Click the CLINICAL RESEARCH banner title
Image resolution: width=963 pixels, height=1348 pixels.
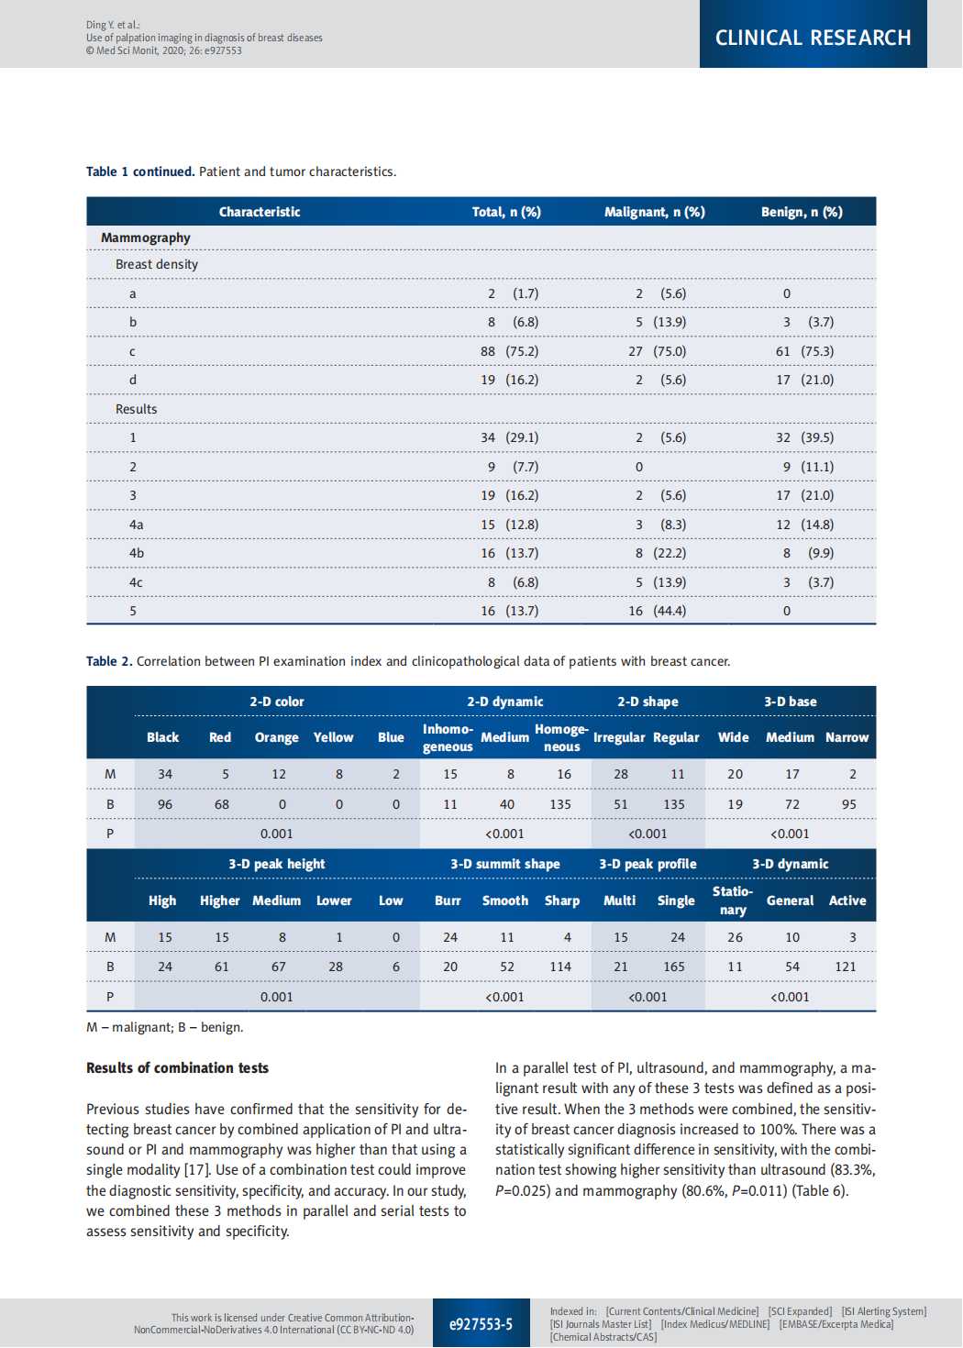point(813,38)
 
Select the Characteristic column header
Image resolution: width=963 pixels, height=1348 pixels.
point(260,212)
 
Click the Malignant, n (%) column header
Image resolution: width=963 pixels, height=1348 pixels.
point(654,212)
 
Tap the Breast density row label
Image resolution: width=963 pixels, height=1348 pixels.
point(157,264)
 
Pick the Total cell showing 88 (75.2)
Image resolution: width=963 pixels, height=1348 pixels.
point(509,351)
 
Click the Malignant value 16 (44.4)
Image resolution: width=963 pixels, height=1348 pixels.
point(657,611)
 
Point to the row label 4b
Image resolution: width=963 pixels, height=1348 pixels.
point(137,553)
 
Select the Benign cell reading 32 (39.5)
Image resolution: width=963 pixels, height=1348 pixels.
point(804,437)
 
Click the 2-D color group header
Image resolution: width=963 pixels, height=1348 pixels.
point(276,702)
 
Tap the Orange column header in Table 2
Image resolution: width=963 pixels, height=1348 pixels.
point(276,737)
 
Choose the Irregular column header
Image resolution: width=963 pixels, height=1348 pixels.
point(619,737)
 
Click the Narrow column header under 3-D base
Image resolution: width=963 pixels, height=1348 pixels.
point(847,737)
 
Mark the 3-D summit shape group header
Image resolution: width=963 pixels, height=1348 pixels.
point(504,864)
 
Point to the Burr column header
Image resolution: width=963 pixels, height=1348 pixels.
point(448,901)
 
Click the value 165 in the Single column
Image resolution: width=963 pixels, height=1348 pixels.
point(674,967)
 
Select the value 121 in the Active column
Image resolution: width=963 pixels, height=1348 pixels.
point(845,967)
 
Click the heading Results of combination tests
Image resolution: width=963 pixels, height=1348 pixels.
point(177,1068)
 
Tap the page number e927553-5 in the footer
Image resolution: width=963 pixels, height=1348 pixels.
point(481,1324)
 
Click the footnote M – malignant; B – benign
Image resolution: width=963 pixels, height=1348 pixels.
point(165,1027)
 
